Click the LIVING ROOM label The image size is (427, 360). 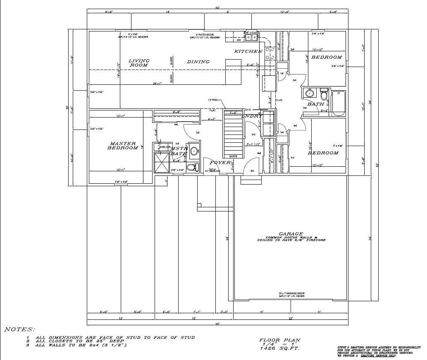point(138,63)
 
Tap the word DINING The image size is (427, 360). point(198,62)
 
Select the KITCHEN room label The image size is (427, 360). point(248,51)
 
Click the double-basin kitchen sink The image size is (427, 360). point(251,37)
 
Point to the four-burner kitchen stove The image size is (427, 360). point(270,53)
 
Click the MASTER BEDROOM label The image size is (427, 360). point(123,146)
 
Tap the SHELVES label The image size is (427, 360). point(165,147)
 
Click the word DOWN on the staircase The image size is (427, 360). point(233,156)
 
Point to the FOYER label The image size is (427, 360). point(219,163)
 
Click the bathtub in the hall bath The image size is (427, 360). point(338,103)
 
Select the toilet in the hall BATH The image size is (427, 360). point(324,95)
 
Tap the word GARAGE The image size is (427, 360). point(291,234)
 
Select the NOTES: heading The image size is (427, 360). point(19,329)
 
